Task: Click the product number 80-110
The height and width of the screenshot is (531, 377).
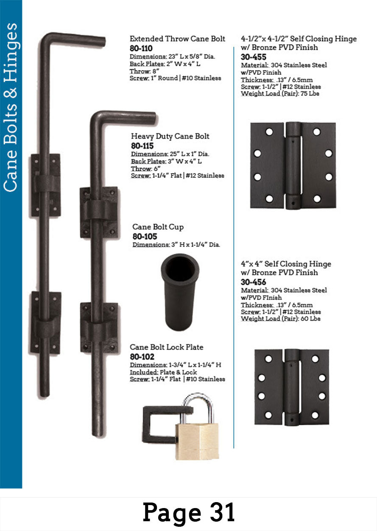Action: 141,48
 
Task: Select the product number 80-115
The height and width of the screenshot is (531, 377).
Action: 142,146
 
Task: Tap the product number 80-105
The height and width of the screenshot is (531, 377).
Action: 145,237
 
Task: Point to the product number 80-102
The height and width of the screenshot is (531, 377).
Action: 142,357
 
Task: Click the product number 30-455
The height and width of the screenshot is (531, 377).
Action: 254,57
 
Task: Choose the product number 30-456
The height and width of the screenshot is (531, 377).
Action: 254,282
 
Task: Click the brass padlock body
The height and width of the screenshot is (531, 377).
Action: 197,441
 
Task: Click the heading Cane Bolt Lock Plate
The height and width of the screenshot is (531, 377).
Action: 167,347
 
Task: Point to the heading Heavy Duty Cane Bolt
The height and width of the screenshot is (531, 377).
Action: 170,136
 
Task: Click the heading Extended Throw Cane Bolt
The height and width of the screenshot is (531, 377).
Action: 177,39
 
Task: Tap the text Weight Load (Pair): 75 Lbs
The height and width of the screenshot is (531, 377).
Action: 280,93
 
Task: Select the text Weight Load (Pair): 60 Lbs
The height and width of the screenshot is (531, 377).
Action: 280,319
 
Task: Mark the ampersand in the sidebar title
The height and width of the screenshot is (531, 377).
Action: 11,93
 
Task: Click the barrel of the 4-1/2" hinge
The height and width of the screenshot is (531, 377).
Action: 293,166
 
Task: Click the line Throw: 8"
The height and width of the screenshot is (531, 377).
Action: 144,71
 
